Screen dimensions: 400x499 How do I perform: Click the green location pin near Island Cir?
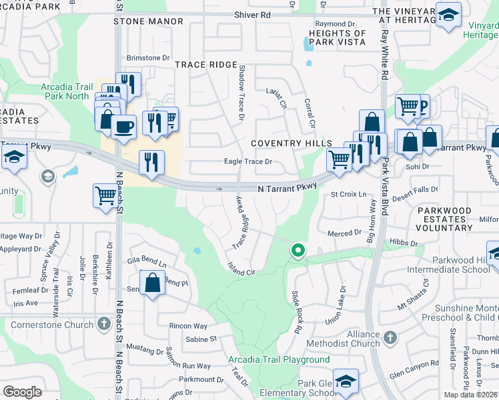tap(298, 251)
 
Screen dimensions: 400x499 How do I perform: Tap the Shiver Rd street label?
tap(252, 15)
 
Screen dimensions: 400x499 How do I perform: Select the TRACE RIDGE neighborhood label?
tap(206, 65)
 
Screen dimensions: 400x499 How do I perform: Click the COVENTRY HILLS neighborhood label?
tap(291, 144)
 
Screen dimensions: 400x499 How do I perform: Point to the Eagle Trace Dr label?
tap(248, 161)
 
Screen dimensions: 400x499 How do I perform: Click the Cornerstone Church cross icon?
tap(103, 324)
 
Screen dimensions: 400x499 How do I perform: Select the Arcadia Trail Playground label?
tap(279, 360)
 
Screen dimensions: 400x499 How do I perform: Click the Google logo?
tap(22, 391)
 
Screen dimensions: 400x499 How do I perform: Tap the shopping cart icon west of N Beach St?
tap(105, 196)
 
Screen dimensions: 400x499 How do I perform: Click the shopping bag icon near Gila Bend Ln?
tap(152, 283)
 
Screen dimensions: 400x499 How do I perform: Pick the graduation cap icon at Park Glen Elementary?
tap(346, 381)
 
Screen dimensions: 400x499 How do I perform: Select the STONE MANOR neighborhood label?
tap(148, 21)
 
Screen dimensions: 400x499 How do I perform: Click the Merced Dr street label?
tap(344, 233)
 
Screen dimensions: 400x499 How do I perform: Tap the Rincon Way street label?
tap(189, 326)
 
